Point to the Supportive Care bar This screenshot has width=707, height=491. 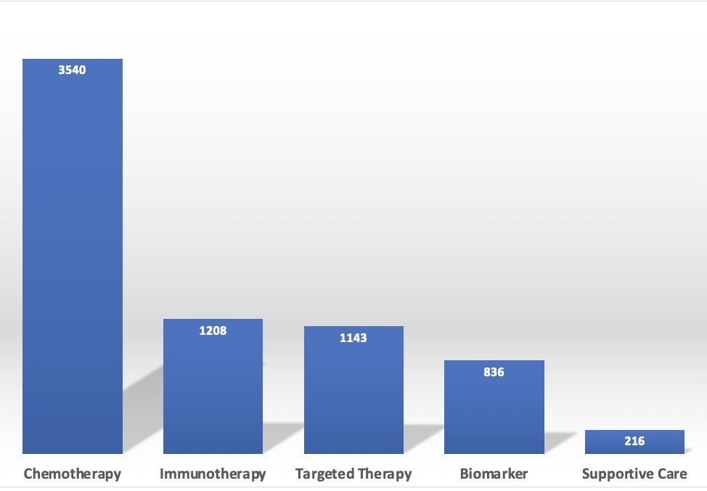(634, 442)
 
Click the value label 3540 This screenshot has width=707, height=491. (73, 70)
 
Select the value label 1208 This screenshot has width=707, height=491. (213, 330)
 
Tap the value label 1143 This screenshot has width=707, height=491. (353, 338)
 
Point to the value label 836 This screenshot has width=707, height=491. (494, 372)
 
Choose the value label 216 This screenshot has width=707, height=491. (634, 441)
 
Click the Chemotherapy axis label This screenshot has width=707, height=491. (73, 474)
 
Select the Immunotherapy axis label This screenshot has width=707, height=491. (213, 474)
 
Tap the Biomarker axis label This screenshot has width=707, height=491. (494, 474)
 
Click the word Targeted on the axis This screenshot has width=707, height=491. (324, 474)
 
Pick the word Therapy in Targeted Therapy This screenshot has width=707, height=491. (385, 474)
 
